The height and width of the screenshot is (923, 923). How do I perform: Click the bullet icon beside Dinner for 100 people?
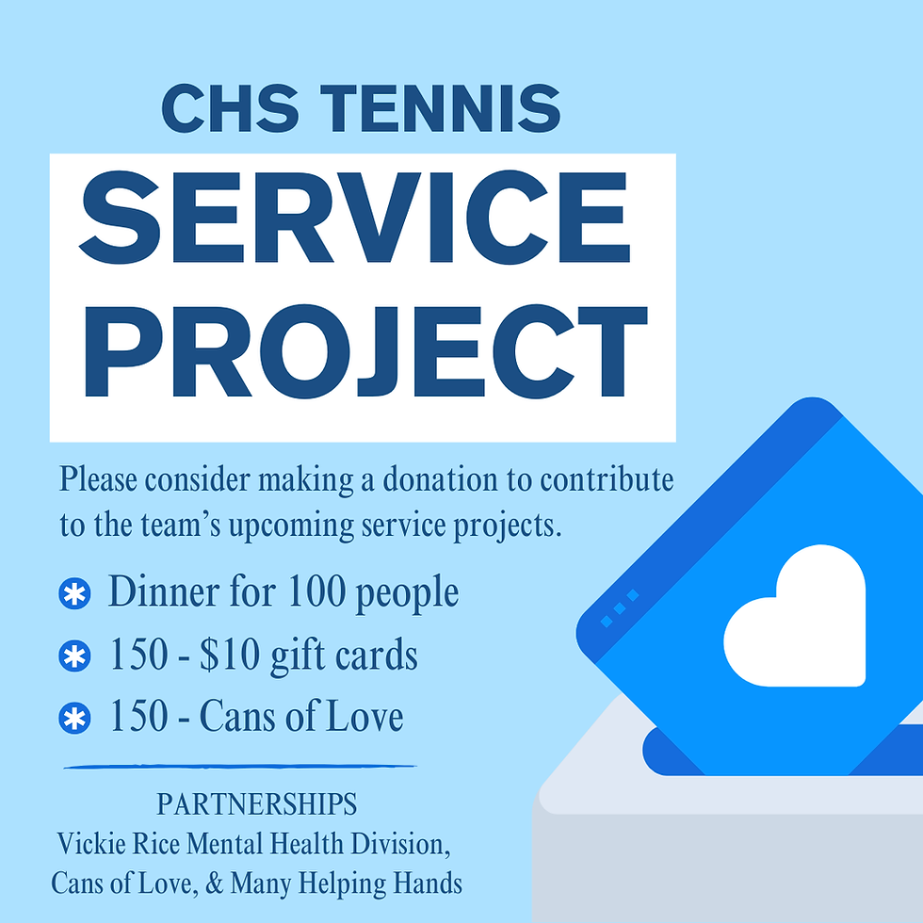click(73, 594)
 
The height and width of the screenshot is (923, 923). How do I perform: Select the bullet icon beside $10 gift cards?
click(73, 656)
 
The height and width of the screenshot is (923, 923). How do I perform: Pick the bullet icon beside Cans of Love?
click(73, 719)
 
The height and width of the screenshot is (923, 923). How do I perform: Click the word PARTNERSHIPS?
click(256, 805)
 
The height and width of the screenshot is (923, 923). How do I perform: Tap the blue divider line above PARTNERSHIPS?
click(240, 767)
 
